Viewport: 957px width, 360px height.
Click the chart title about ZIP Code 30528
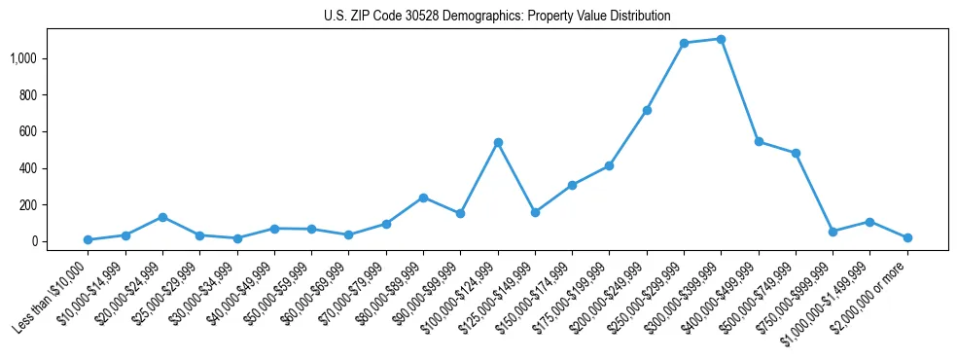[x=497, y=16]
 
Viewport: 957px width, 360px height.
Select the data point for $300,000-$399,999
[x=721, y=39]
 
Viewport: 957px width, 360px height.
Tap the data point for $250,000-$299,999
[x=684, y=43]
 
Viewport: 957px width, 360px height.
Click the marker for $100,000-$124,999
[x=498, y=142]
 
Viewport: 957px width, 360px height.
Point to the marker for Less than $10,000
[x=88, y=239]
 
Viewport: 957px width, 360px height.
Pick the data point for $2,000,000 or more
[x=907, y=237]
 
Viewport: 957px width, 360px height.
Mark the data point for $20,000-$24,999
[x=162, y=217]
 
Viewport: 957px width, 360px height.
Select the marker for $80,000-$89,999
[x=423, y=198]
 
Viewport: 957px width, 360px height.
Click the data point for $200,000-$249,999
[x=647, y=110]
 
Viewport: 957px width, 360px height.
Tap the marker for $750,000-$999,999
[x=833, y=232]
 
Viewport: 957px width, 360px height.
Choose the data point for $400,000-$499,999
[x=759, y=142]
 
